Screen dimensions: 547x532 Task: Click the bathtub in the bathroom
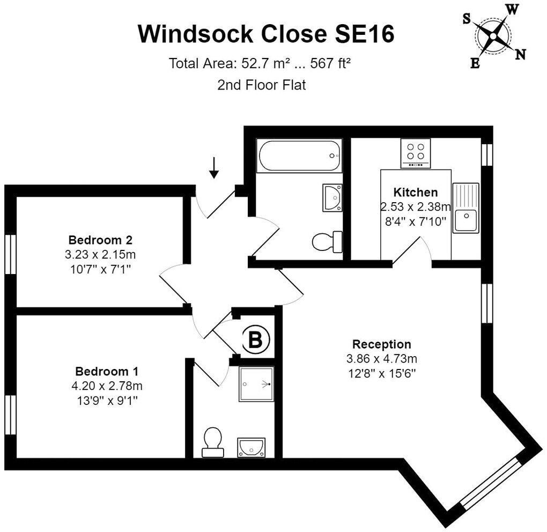coord(299,156)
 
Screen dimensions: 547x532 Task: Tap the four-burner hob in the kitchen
coord(416,153)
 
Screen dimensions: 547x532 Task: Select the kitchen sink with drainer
coord(465,208)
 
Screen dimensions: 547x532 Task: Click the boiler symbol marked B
coord(256,339)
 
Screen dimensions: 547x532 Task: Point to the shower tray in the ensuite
coord(256,384)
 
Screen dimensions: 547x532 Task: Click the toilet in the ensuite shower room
coord(213,442)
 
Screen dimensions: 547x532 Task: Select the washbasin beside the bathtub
coord(332,198)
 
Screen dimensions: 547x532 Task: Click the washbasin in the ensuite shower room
coord(251,448)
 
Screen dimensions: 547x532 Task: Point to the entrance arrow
coord(214,168)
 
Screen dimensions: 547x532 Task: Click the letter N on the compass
coord(521,55)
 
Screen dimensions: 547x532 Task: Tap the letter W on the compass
coord(512,10)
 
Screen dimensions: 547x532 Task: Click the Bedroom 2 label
coord(100,240)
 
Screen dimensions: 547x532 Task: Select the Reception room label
coord(382,344)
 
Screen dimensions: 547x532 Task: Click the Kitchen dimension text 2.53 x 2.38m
coord(416,207)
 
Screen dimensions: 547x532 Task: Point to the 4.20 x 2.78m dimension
coord(107,386)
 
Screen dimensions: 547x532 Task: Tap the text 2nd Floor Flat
coord(262,85)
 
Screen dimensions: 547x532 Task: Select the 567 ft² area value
coord(330,63)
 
